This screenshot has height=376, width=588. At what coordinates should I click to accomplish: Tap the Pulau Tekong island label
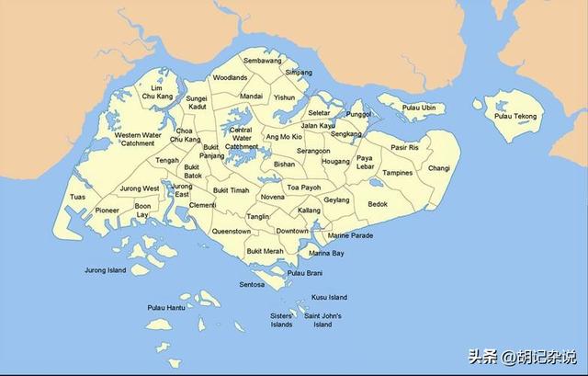[517, 116]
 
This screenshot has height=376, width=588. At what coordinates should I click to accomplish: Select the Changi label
[439, 168]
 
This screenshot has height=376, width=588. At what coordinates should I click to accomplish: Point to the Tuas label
[77, 197]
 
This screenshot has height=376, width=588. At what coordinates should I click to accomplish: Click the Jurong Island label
[104, 270]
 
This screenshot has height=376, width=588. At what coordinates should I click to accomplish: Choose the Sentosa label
[252, 285]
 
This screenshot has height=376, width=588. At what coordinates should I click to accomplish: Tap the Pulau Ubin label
[423, 108]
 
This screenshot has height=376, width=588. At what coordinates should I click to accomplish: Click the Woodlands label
[230, 78]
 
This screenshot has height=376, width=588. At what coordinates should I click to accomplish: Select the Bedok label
[378, 203]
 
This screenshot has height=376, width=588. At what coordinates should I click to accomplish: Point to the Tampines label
[398, 173]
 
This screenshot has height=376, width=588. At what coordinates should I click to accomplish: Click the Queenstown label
[232, 232]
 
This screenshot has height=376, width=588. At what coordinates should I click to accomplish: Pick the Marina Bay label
[326, 253]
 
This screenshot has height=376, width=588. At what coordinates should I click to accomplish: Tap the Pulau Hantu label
[166, 307]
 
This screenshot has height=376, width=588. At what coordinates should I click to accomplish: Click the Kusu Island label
[330, 297]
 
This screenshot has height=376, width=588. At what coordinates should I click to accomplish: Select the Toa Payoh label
[304, 187]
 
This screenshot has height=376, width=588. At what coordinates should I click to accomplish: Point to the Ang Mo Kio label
[284, 137]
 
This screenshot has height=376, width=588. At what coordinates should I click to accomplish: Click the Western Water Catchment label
[139, 139]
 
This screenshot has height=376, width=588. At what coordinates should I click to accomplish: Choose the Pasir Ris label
[404, 147]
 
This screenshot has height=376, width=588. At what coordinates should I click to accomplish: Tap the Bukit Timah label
[231, 190]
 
